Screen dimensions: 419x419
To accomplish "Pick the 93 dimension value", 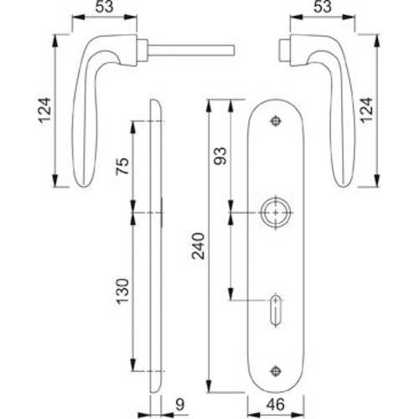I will point(222,158).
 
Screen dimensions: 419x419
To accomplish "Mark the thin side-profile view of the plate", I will point(157,251).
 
